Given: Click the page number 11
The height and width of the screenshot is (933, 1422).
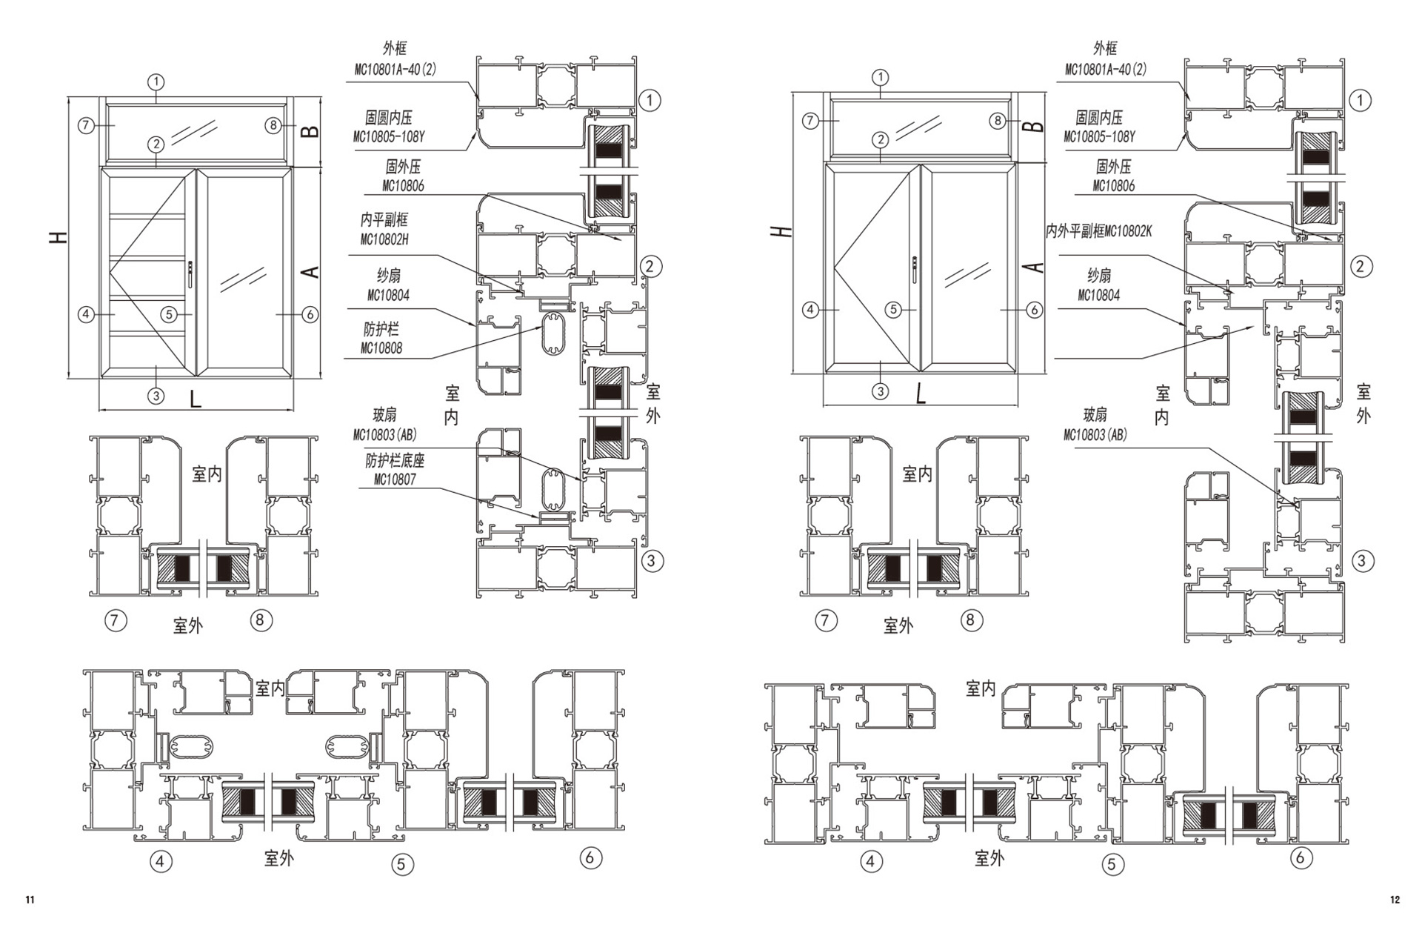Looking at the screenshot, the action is [x=30, y=900].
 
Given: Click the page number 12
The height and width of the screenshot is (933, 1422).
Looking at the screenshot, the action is [x=1395, y=900].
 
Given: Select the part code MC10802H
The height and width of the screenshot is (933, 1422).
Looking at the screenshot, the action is [x=384, y=239].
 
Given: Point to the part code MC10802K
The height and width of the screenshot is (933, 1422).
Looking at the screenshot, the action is [x=1128, y=231].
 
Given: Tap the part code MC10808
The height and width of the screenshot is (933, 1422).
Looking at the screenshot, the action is [x=381, y=348].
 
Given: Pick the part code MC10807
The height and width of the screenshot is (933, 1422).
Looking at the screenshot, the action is [x=395, y=479].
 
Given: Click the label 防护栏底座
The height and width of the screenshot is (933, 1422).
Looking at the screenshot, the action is [x=395, y=460].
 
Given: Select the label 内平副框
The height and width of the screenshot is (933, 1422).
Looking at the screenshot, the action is [x=384, y=220].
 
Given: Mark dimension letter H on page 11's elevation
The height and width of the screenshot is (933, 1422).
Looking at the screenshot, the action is [x=59, y=237].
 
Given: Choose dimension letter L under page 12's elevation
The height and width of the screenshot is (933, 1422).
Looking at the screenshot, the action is [x=921, y=394].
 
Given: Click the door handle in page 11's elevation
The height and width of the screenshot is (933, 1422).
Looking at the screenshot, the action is [x=191, y=273].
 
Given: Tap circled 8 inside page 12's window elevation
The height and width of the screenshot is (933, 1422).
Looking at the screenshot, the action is [x=998, y=121].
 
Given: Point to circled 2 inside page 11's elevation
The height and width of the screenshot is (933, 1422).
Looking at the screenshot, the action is [x=156, y=144].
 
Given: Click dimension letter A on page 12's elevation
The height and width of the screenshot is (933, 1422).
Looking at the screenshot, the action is [x=1037, y=268].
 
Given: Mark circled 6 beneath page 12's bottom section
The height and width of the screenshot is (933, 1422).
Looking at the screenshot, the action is [x=1301, y=858].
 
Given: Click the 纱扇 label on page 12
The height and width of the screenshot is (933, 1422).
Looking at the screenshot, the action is [x=1099, y=276].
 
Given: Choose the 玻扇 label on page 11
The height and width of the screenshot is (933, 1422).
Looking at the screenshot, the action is [x=384, y=415].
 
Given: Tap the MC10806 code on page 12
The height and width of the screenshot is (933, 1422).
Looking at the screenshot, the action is [x=1114, y=185].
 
